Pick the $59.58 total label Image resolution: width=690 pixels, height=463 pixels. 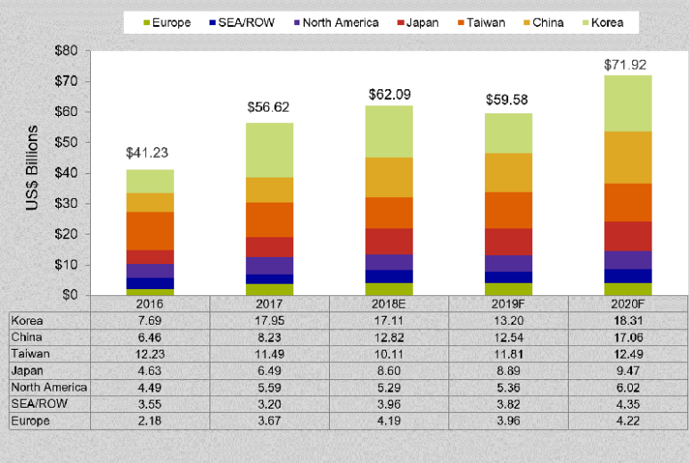coord(508,97)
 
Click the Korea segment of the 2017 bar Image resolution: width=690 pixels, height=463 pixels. coord(269,150)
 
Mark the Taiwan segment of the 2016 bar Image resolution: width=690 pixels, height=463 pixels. coord(150,230)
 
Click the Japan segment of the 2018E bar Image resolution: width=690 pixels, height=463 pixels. coord(389,241)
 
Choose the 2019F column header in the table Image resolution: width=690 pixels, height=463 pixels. coord(508,303)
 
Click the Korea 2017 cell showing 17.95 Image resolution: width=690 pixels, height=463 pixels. coord(269,320)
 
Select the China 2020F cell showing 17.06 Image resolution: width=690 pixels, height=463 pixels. coord(627,337)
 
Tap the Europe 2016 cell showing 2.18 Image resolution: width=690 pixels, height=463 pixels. coord(150,420)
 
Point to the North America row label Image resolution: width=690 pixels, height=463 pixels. coord(50,387)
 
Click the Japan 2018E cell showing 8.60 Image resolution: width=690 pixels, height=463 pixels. coord(389,370)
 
